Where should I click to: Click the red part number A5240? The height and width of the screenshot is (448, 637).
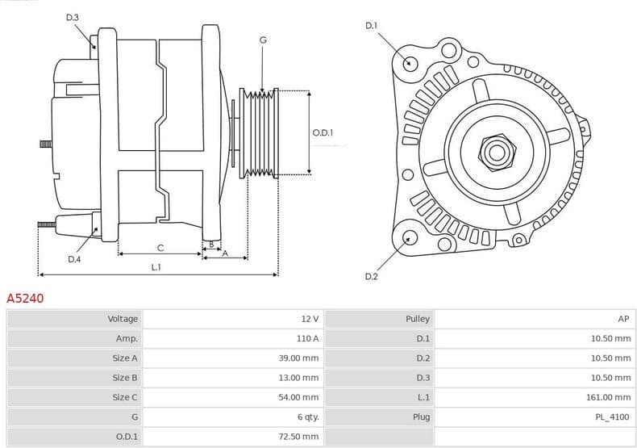click(x=25, y=298)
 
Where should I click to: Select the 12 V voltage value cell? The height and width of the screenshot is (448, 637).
click(x=310, y=319)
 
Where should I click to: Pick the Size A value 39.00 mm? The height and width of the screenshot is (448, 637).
click(x=298, y=358)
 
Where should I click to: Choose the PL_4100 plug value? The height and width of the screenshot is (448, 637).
click(x=612, y=417)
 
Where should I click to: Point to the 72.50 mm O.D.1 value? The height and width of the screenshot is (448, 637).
click(x=298, y=437)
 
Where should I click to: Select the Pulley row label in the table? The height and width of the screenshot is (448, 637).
click(x=418, y=319)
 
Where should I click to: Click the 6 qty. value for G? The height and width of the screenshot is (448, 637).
click(x=308, y=417)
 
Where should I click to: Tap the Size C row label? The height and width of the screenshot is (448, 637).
click(x=125, y=397)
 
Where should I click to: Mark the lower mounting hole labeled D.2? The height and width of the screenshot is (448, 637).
click(x=410, y=237)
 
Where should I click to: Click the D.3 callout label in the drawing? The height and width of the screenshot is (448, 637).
click(x=73, y=17)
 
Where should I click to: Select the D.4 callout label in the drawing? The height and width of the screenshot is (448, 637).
click(x=74, y=259)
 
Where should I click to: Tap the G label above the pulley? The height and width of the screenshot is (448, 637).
click(x=263, y=40)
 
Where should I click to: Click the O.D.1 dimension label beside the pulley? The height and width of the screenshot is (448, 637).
click(x=323, y=132)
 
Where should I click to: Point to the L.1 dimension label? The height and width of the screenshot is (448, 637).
click(x=156, y=267)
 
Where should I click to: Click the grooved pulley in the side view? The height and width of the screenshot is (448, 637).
click(x=260, y=132)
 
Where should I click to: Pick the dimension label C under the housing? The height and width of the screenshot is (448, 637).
click(x=160, y=247)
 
